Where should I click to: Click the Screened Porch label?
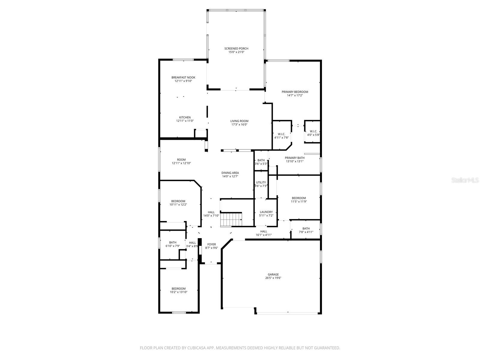pos(236,49)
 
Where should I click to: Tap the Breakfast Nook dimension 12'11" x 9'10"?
pos(183,81)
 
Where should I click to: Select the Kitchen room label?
pos(185,117)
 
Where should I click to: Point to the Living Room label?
pos(239,121)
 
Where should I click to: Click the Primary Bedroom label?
pos(295,92)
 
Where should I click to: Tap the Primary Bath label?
pos(295,158)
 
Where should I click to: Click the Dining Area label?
pos(230,173)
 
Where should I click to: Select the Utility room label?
pos(261,182)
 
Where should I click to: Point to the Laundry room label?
pos(266,212)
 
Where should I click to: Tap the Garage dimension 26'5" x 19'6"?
pos(273,278)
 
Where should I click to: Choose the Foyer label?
pos(211,244)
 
